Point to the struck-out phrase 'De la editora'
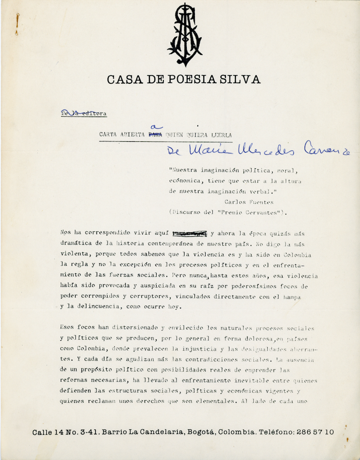(x=84, y=113)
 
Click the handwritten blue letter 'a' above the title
(x=157, y=127)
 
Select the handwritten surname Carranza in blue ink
(x=327, y=149)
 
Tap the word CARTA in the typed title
(x=110, y=134)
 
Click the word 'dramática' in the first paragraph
(x=76, y=244)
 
